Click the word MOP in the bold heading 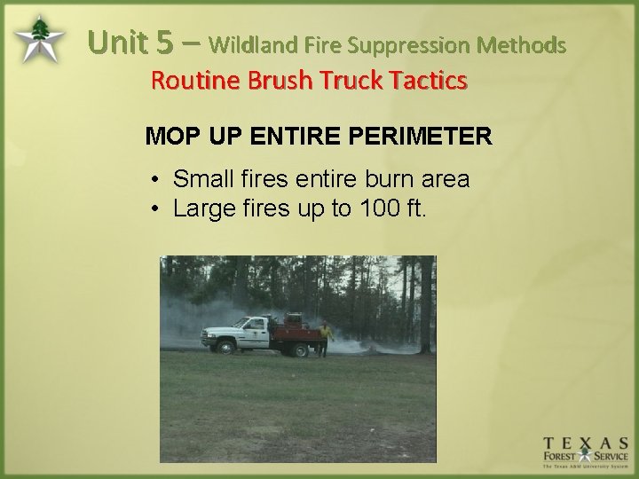167,137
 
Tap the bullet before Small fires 154,180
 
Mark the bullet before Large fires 154,209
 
